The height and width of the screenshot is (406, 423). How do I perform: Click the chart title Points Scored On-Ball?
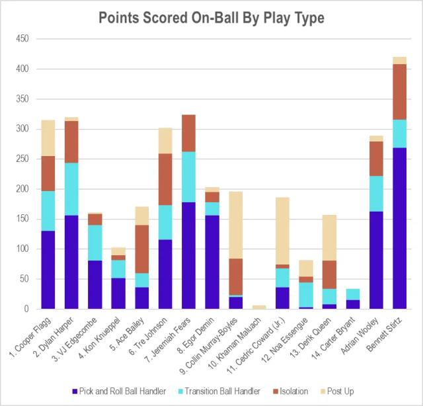pos(211,18)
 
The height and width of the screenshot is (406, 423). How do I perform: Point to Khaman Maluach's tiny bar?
pos(259,307)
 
